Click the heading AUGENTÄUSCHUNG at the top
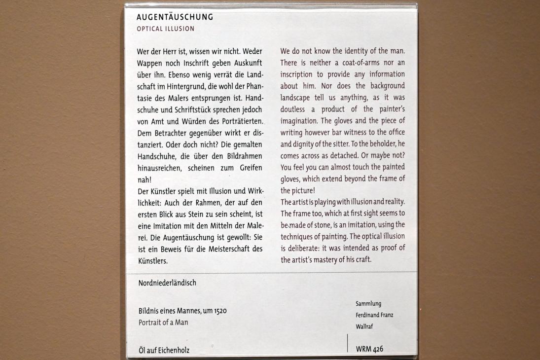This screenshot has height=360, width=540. pos(175,17)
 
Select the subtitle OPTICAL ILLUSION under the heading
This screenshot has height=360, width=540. pos(165,29)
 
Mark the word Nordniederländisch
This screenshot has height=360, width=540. pos(167,283)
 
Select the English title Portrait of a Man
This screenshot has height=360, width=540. pos(163,323)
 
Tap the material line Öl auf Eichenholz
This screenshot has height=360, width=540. pos(164,351)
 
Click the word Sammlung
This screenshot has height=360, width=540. pos(368,304)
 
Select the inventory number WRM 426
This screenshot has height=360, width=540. pos(369,349)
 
